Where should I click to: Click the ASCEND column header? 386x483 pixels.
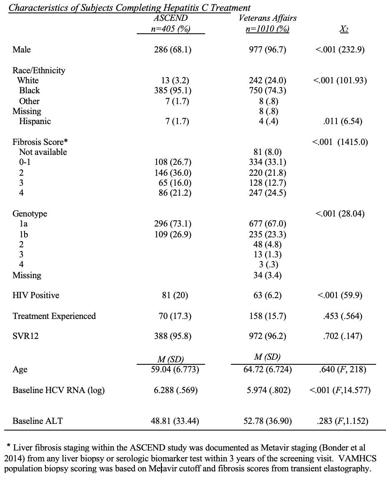(170, 18)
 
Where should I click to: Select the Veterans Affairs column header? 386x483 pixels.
(268, 18)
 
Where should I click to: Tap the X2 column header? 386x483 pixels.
(344, 29)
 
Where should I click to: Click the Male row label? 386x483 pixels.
(22, 50)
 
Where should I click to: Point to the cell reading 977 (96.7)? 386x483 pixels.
(267, 50)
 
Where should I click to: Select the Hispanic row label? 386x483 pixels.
(35, 121)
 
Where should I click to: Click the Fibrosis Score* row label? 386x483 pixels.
(40, 142)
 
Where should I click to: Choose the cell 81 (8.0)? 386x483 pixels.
(267, 152)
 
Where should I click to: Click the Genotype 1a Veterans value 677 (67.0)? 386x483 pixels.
(267, 224)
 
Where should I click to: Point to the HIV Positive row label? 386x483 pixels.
(36, 295)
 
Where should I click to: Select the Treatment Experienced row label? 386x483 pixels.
(54, 316)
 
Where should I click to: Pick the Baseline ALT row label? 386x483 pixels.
(38, 421)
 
